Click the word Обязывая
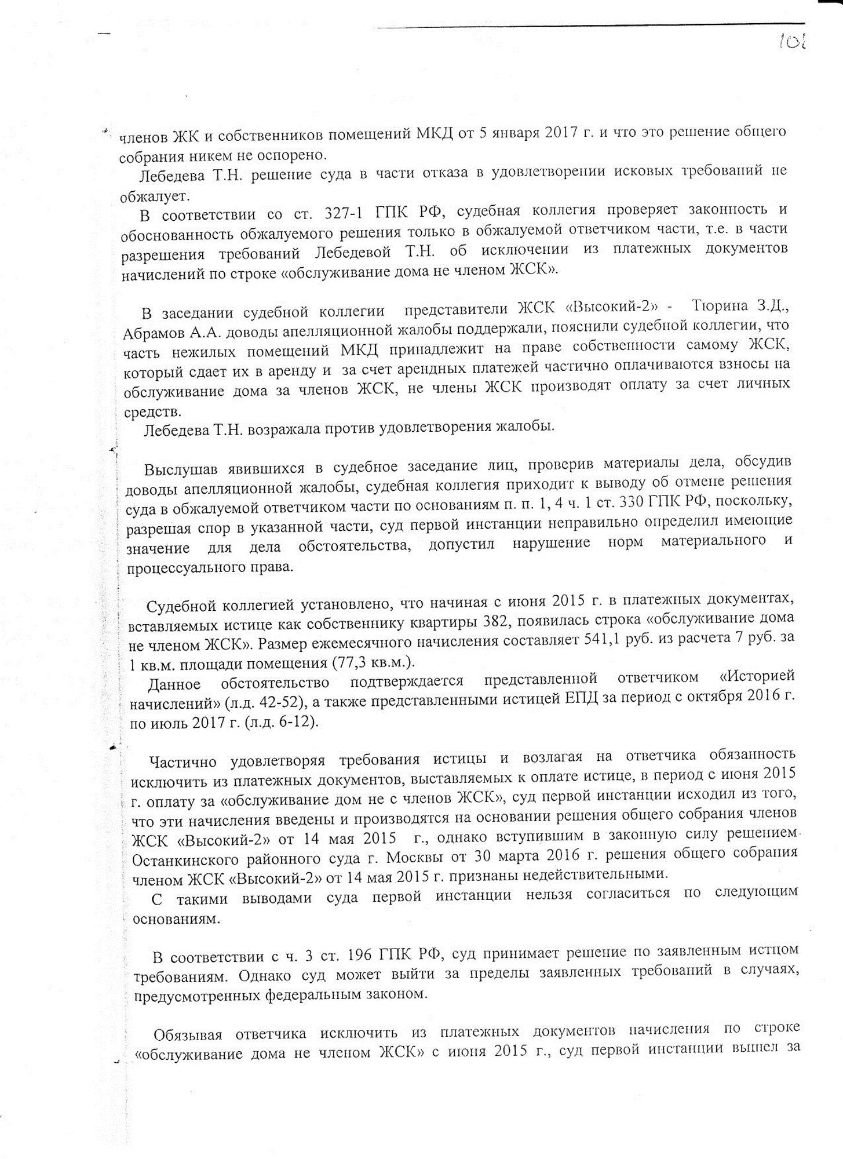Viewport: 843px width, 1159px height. pyautogui.click(x=188, y=1035)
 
